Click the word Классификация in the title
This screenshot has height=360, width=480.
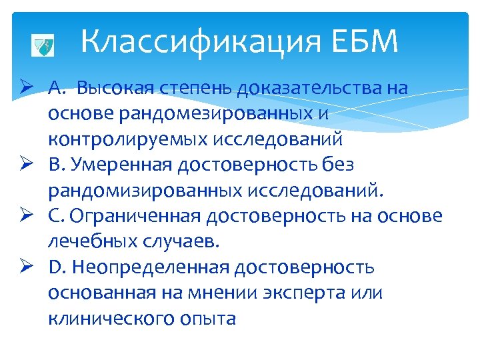pyautogui.click(x=201, y=43)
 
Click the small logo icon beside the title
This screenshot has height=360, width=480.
pyautogui.click(x=43, y=47)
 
